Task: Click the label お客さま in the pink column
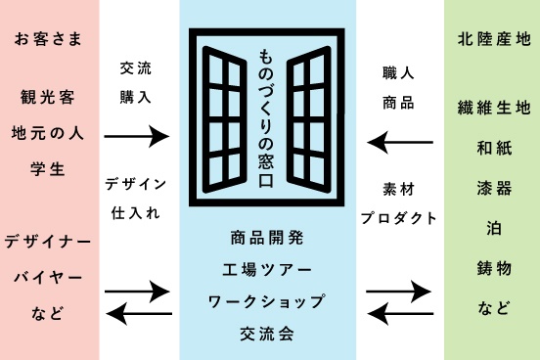[x=48, y=39]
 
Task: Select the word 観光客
[x=48, y=97]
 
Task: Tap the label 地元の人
[x=48, y=133]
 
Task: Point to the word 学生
[x=48, y=169]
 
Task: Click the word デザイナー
[x=48, y=242]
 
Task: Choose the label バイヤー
[x=48, y=278]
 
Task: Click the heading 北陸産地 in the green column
[x=494, y=39]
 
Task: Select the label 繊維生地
[x=494, y=108]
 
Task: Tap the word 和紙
[x=494, y=149]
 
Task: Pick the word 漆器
[x=494, y=189]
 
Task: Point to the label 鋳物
[x=494, y=268]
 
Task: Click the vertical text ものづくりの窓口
[x=266, y=118]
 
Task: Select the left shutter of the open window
[x=225, y=119]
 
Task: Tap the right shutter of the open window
[x=309, y=119]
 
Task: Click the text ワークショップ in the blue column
[x=266, y=301]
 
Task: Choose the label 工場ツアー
[x=266, y=270]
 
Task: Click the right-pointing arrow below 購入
[x=137, y=136]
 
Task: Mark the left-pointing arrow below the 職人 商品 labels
[x=400, y=142]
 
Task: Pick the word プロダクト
[x=398, y=218]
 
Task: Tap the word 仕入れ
[x=136, y=213]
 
